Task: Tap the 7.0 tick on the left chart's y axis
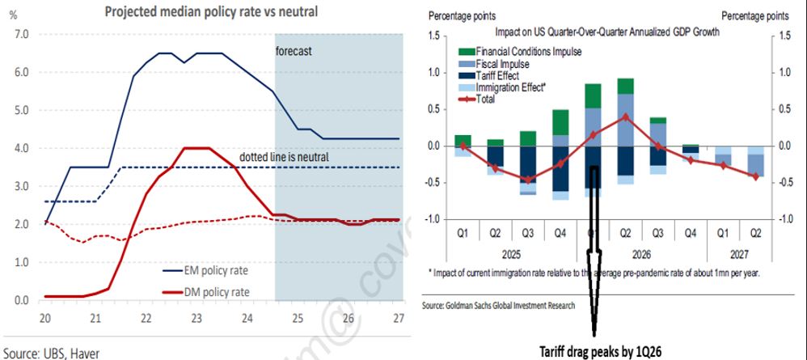click(x=22, y=35)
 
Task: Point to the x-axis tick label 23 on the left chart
click(x=197, y=316)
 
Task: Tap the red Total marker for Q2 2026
click(x=625, y=116)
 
